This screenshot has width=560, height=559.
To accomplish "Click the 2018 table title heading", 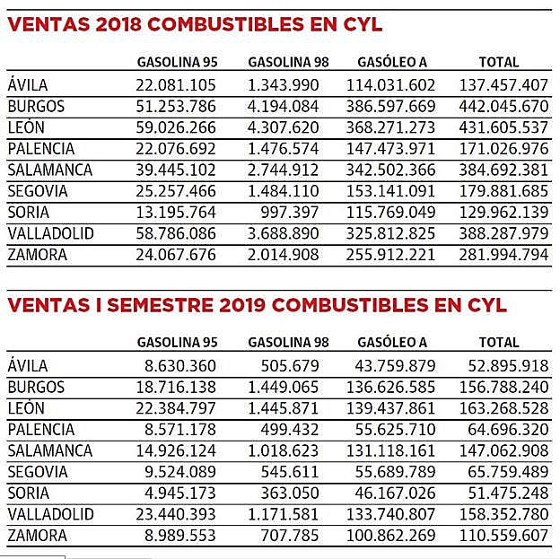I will click(195, 24).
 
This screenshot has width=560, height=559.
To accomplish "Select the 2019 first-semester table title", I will click(257, 305).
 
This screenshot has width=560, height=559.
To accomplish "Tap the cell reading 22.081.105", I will click(176, 85).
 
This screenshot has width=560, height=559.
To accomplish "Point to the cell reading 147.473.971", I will click(396, 149).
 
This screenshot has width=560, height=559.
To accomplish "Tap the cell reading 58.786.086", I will click(176, 234).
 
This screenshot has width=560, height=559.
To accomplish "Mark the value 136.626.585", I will click(396, 387).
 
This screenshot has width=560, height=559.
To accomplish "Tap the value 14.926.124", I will click(176, 450).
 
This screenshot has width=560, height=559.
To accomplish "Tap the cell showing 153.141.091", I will click(396, 191).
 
